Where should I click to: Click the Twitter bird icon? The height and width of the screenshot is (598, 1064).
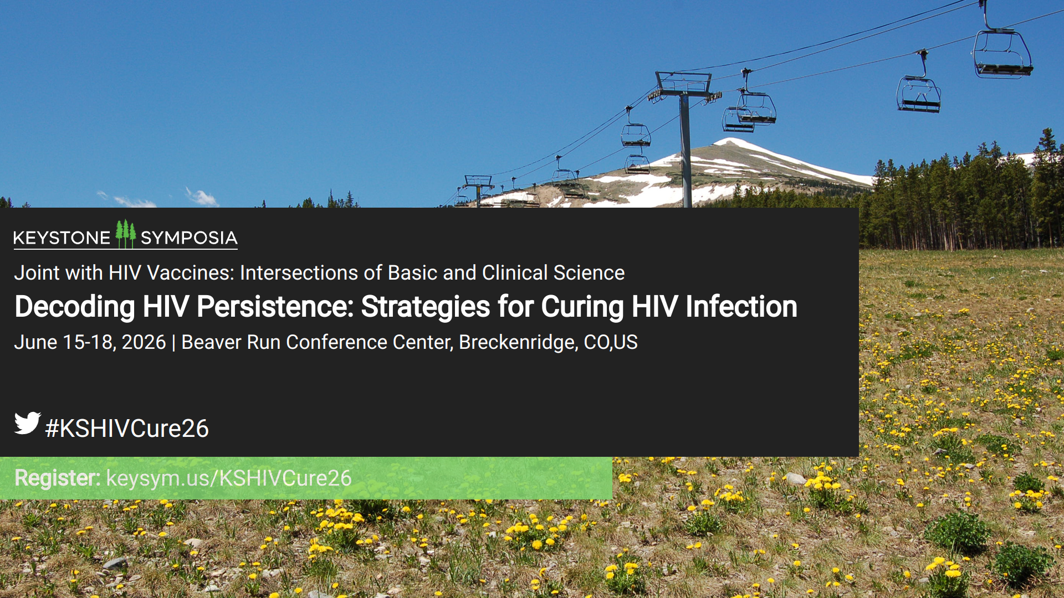point(28,423)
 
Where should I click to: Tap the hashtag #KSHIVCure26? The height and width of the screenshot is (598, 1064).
point(127,429)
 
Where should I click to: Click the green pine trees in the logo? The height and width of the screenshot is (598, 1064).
point(126,234)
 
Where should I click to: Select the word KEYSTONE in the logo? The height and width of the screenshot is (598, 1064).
point(62,238)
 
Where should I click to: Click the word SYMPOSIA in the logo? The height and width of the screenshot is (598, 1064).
point(189,238)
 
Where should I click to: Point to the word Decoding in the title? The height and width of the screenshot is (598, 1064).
point(75,307)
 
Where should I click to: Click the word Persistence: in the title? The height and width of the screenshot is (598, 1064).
point(275,307)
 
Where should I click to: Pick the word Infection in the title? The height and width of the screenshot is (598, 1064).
point(741,307)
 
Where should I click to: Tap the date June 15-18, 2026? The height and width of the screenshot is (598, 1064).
point(90,342)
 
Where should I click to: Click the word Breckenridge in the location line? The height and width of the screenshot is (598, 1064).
point(518,342)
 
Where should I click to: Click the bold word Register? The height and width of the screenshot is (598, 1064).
point(58,478)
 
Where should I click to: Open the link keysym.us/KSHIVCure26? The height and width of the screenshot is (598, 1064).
point(229,478)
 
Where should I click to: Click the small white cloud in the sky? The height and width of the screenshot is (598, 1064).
point(203,197)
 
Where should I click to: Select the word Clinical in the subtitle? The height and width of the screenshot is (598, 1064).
point(515,273)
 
